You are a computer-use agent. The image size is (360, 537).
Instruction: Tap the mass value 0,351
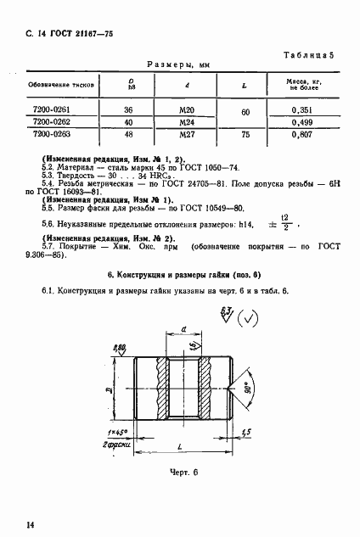click(x=303, y=109)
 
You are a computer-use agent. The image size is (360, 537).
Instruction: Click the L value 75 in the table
click(x=245, y=133)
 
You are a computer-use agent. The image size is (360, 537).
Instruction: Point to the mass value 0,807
click(x=303, y=133)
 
